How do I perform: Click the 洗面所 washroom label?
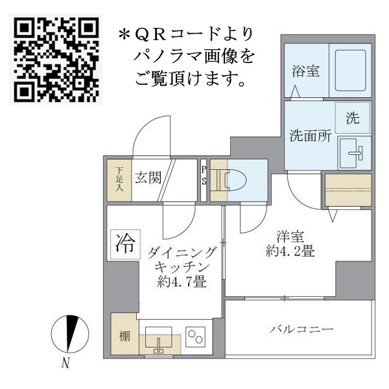(x=310, y=136)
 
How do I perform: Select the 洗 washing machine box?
(x=352, y=119)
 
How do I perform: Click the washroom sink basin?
(x=354, y=154)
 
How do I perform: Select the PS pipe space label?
(x=204, y=176)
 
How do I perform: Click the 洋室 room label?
(x=290, y=237)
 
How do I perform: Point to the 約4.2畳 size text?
(x=290, y=252)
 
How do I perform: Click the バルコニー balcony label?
(x=301, y=329)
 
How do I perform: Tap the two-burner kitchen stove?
(x=195, y=335)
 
